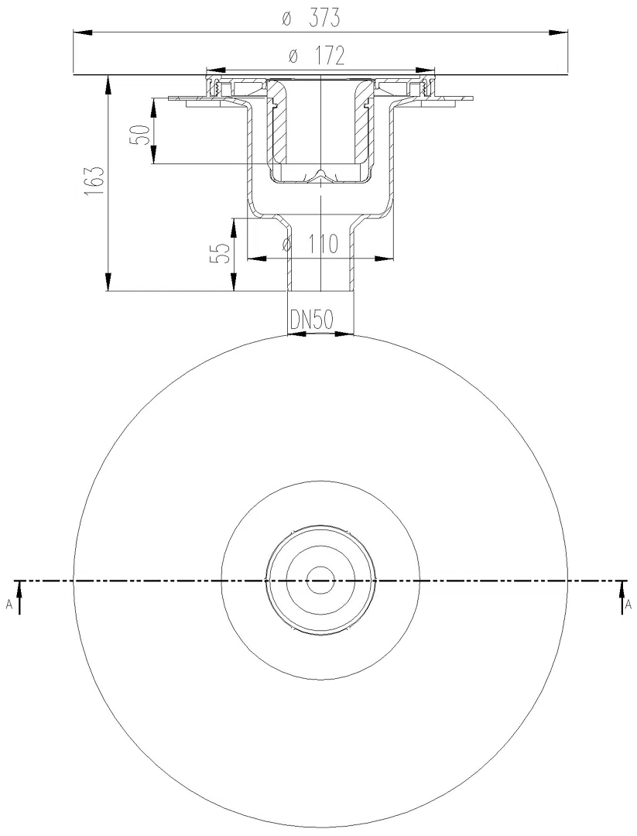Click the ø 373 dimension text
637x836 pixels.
pos(312,19)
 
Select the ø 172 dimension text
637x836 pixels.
pos(317,57)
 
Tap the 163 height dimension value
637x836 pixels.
pos(94,183)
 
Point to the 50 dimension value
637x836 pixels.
pos(138,135)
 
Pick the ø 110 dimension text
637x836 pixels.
pos(311,245)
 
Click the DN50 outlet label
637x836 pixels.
pos(311,320)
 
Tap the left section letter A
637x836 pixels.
pos(9,605)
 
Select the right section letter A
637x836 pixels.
pos(628,605)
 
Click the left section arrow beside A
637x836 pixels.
pos(19,597)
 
